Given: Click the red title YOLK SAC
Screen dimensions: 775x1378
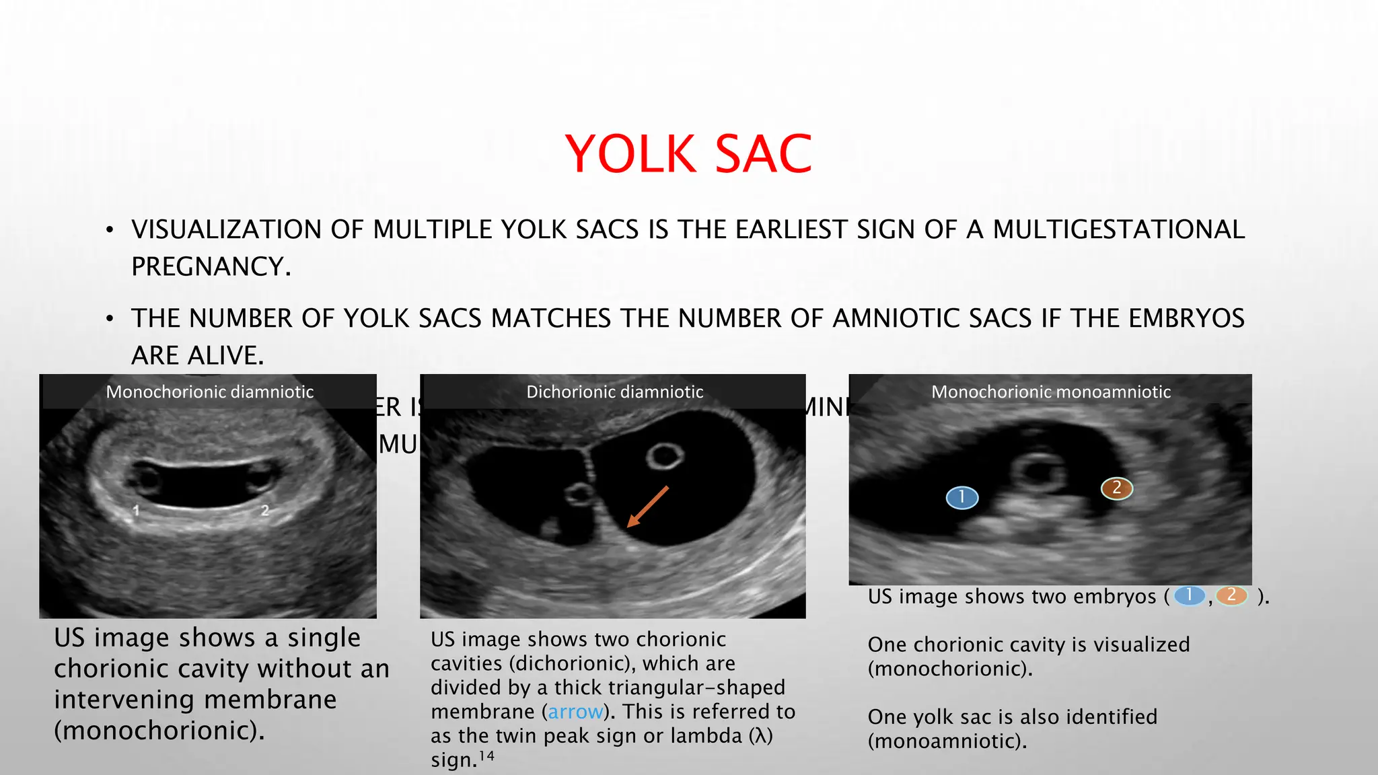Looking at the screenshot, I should point(688,154).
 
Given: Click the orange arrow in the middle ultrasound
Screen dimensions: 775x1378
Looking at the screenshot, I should point(647,507).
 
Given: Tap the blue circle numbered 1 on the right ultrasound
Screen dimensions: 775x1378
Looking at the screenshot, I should point(962,497).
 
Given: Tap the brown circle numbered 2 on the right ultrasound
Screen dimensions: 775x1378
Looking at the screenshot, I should point(1116,488).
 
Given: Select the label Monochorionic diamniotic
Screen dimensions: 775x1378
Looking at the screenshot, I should point(209,392).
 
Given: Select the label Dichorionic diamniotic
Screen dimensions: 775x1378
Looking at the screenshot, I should point(614,392).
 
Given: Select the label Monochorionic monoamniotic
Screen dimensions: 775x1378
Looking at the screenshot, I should point(1050,392).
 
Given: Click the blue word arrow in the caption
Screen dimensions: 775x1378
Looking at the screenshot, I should point(575,712).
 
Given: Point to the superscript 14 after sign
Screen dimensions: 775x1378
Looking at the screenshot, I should point(486,756).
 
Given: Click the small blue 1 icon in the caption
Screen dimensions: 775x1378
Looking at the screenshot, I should point(1189,595).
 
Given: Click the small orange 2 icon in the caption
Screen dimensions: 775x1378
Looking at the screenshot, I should point(1231,595).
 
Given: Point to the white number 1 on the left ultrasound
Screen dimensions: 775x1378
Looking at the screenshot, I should point(136,511).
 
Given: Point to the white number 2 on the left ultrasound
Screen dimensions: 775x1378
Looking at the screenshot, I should point(264,511).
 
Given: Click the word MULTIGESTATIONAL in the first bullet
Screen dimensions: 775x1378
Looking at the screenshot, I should point(1118,229).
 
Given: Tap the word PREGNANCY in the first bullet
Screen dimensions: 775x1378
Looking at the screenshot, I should point(211,267).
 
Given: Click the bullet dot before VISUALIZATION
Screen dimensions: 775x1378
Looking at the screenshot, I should point(110,231).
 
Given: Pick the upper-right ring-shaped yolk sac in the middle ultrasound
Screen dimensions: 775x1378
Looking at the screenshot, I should point(665,457).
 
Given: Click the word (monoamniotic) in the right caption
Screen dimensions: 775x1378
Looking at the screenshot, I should point(947,741).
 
